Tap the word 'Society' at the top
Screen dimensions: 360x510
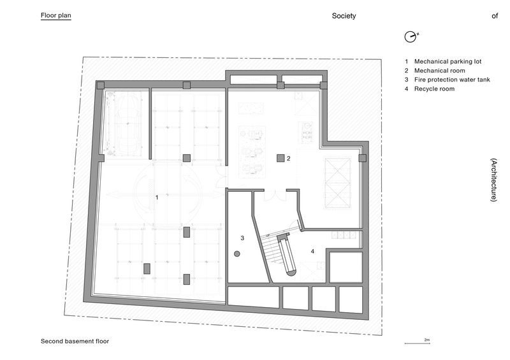click(344, 17)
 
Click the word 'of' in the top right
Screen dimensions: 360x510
click(494, 17)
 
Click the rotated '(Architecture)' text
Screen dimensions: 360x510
click(494, 180)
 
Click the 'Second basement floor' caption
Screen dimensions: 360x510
click(70, 342)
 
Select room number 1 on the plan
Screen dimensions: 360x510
click(157, 198)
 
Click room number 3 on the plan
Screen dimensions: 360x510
click(242, 238)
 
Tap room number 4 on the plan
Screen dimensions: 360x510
click(312, 252)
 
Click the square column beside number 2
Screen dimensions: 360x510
click(280, 157)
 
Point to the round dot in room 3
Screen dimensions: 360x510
click(237, 254)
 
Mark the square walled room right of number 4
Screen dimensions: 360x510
click(345, 266)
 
